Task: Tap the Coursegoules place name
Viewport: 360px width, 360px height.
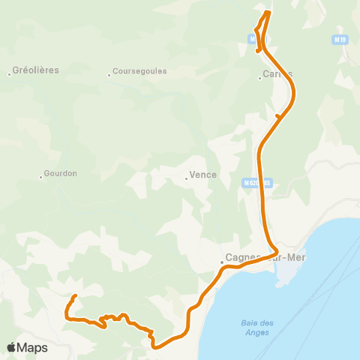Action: [139, 72]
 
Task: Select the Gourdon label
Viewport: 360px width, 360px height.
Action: [61, 173]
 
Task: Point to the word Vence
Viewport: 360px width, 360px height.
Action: [204, 175]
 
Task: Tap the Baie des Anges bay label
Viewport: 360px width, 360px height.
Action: [257, 327]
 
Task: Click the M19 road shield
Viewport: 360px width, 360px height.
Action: [340, 39]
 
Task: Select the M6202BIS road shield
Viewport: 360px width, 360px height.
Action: [256, 181]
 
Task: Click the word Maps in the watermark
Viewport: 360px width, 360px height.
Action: [32, 347]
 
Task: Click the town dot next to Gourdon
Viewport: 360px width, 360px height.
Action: [40, 177]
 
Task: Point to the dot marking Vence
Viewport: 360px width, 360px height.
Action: [186, 178]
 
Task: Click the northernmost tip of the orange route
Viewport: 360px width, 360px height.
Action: [268, 11]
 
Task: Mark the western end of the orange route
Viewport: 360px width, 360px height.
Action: [76, 296]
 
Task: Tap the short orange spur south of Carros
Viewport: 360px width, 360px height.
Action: [277, 115]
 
